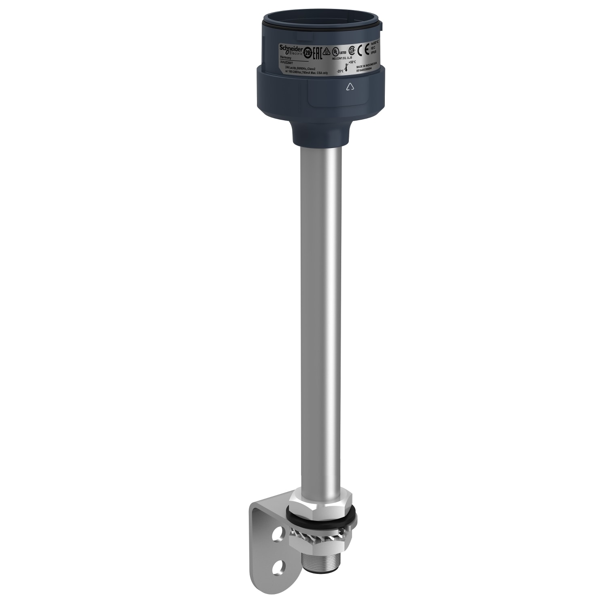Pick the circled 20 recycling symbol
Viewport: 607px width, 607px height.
308,53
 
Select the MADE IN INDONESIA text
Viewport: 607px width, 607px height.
367,65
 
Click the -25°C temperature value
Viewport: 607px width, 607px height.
340,71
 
